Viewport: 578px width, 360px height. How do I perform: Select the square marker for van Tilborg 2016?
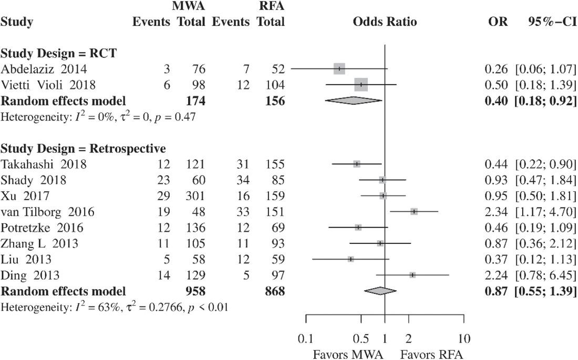pyautogui.click(x=414, y=211)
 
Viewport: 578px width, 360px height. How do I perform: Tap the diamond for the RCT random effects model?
pyautogui.click(x=353, y=101)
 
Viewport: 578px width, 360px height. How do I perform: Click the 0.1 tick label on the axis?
pyautogui.click(x=306, y=338)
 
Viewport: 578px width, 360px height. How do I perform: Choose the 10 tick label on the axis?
pyautogui.click(x=464, y=338)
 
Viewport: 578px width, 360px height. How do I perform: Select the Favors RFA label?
pyautogui.click(x=431, y=354)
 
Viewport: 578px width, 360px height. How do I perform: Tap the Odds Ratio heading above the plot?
pyautogui.click(x=385, y=22)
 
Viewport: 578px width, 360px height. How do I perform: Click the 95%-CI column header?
pyautogui.click(x=551, y=22)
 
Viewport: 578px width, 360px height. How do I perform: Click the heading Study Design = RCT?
pyautogui.click(x=58, y=53)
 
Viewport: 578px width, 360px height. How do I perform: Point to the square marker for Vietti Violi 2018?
pyautogui.click(x=361, y=85)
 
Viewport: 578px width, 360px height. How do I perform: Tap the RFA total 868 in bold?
pyautogui.click(x=274, y=291)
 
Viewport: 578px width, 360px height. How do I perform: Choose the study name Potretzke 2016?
pyautogui.click(x=42, y=228)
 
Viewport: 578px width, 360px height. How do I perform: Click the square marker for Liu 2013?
pyautogui.click(x=350, y=259)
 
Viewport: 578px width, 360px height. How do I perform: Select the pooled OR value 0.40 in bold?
pyautogui.click(x=496, y=101)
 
